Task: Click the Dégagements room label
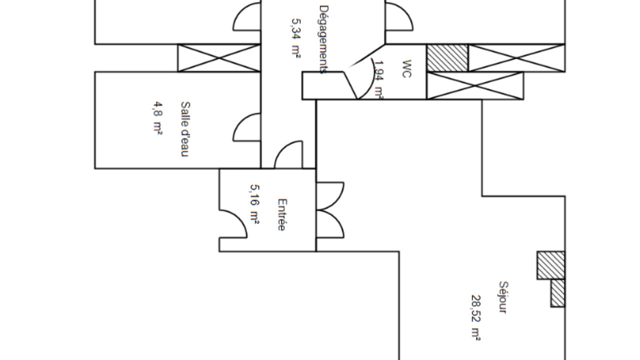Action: point(324,39)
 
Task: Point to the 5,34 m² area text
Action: point(296,39)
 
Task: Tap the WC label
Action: point(406,69)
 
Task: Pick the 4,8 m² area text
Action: point(157,119)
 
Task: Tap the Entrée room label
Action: point(281,215)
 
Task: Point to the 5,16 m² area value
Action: point(254,204)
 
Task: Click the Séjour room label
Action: point(503,297)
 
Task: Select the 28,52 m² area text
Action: point(475,317)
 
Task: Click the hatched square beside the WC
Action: point(447,58)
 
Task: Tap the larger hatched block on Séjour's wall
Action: point(551,265)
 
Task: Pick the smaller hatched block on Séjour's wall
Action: point(558,293)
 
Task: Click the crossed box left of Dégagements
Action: point(219,58)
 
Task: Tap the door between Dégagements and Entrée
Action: point(289,155)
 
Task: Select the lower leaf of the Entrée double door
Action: point(330,224)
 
